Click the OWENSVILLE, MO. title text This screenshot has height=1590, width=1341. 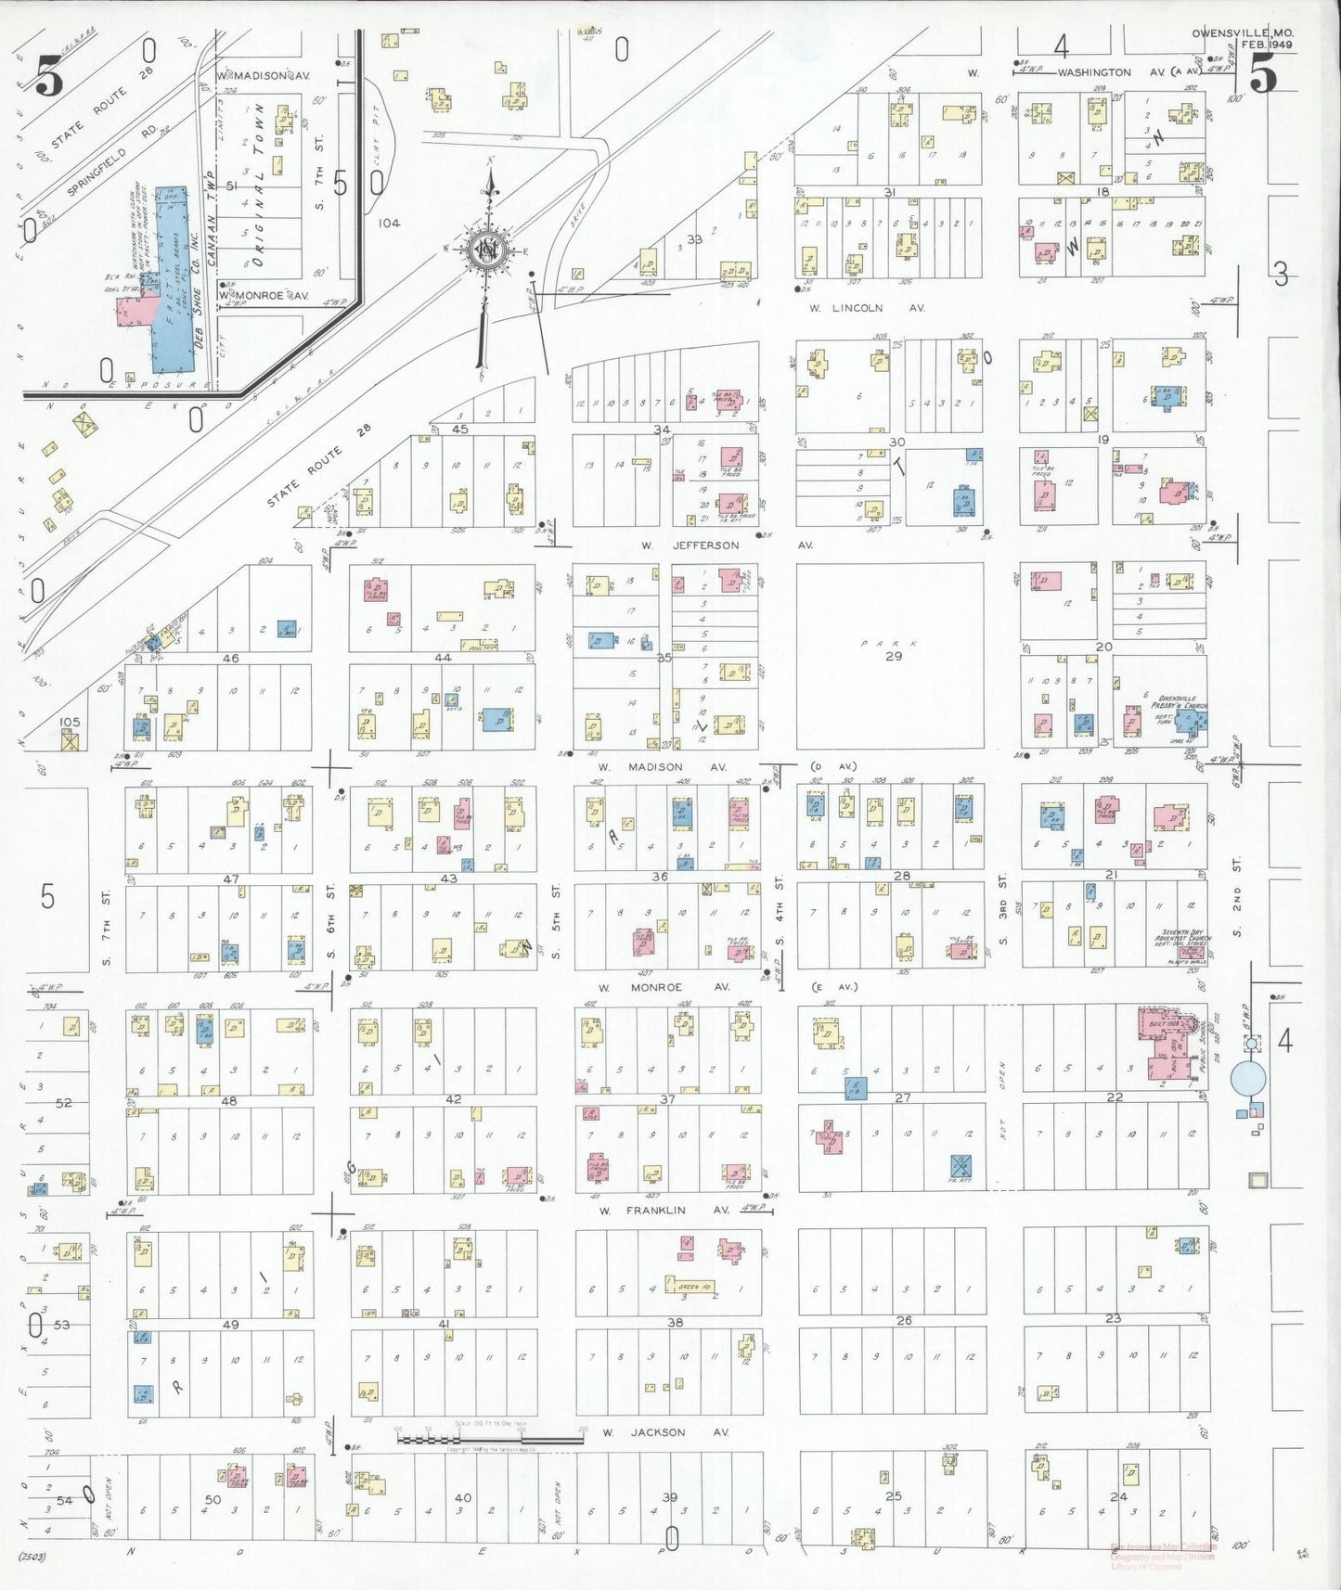tap(1243, 33)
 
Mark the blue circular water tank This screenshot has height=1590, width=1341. tap(1248, 1079)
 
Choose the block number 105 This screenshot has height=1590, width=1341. tap(69, 722)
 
